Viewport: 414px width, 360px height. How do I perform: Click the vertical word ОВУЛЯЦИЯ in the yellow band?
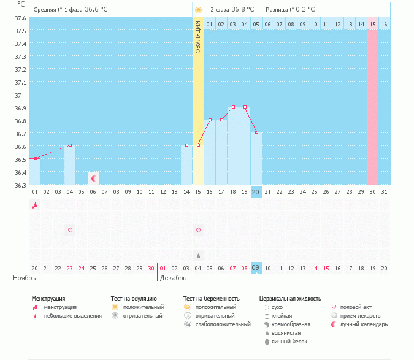(198, 37)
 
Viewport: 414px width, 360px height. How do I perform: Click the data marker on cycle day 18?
(233, 107)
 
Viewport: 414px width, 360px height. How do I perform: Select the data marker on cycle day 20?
(256, 132)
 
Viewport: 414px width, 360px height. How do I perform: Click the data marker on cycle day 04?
(70, 145)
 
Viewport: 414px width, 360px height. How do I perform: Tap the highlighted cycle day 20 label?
(256, 192)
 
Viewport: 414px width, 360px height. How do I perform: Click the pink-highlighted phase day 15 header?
(373, 24)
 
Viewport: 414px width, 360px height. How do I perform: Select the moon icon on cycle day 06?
(94, 178)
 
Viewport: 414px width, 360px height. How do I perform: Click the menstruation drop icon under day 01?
(34, 205)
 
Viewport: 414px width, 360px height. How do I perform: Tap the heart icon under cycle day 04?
(70, 230)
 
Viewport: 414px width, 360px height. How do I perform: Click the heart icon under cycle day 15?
(198, 230)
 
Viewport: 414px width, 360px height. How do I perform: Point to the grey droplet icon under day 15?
(198, 255)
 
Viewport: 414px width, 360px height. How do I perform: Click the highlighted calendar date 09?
(256, 268)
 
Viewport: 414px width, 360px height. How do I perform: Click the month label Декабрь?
(174, 278)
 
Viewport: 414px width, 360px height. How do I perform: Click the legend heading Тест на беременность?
(211, 298)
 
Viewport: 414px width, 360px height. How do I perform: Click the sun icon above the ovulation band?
(198, 10)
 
